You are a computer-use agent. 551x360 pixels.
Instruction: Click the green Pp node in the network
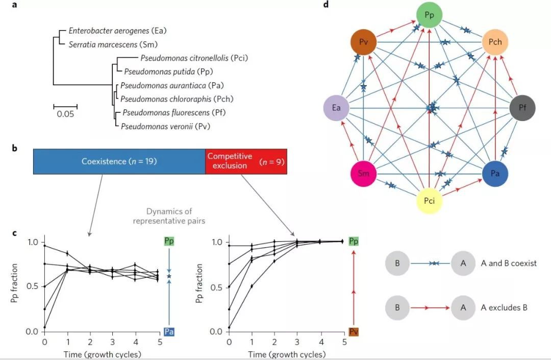[x=429, y=15]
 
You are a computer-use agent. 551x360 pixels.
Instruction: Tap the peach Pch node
[x=495, y=42]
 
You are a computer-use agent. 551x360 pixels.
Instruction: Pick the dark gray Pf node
[x=522, y=108]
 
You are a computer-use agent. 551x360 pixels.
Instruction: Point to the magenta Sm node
[x=363, y=174]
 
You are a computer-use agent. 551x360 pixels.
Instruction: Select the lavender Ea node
[x=336, y=108]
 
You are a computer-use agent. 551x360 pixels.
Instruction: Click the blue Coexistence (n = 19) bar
[x=119, y=161]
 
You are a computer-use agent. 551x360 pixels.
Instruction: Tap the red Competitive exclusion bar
[x=246, y=161]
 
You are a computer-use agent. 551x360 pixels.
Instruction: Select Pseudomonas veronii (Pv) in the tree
[x=165, y=126]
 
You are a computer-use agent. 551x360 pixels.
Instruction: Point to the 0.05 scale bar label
[x=65, y=114]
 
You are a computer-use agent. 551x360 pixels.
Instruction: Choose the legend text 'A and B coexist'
[x=508, y=263]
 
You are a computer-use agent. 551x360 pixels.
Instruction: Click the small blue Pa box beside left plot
[x=169, y=332]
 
